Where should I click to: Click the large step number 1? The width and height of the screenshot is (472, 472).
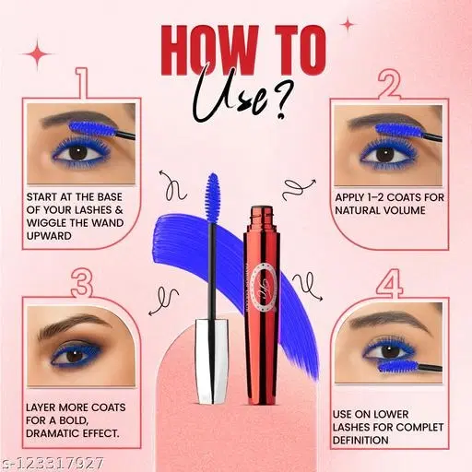click(x=83, y=83)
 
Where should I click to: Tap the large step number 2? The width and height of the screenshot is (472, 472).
click(x=389, y=85)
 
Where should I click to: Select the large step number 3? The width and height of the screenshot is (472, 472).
click(x=82, y=283)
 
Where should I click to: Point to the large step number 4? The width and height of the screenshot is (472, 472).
click(x=389, y=283)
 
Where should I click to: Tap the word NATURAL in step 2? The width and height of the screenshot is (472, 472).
click(x=356, y=210)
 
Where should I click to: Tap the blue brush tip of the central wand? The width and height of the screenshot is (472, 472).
click(x=213, y=196)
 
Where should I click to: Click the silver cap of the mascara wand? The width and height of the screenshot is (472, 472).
click(x=212, y=361)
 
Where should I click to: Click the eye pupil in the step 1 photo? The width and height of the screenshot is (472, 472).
click(x=77, y=152)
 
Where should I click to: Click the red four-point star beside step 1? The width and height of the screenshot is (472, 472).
click(x=38, y=54)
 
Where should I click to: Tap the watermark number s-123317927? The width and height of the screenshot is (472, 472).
click(x=53, y=463)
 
